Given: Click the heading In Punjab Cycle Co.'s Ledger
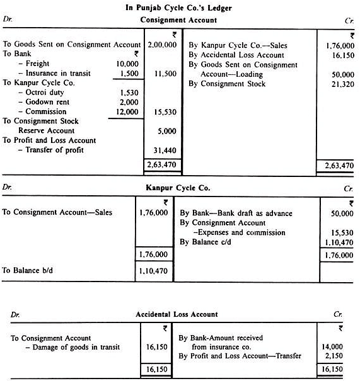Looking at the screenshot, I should point(180,7).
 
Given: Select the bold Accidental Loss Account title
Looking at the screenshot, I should point(177,314).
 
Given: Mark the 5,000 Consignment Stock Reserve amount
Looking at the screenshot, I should point(169,131).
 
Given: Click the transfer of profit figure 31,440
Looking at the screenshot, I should point(166,150).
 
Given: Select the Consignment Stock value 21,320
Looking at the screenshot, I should point(339,84).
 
